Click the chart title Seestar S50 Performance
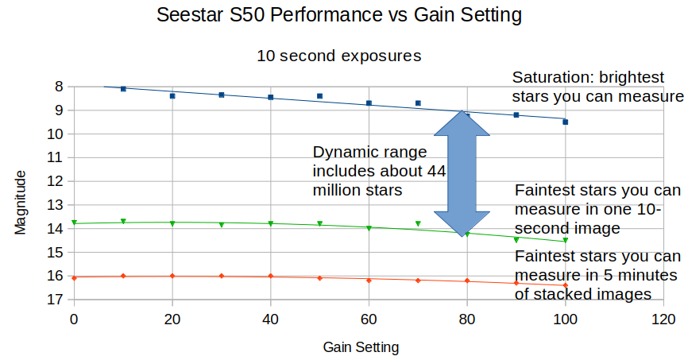(x=344, y=15)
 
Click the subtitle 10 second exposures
(x=338, y=56)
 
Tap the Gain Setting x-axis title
(x=361, y=347)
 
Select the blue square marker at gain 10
(x=123, y=89)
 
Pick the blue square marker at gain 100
(x=565, y=122)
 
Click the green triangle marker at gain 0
(x=74, y=223)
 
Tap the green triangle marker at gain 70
(x=418, y=224)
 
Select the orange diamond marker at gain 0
(x=74, y=277)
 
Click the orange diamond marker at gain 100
(x=565, y=285)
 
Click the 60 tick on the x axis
(x=369, y=319)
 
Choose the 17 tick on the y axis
(x=56, y=300)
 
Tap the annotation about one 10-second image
(x=597, y=209)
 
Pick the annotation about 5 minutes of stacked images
(x=597, y=275)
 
